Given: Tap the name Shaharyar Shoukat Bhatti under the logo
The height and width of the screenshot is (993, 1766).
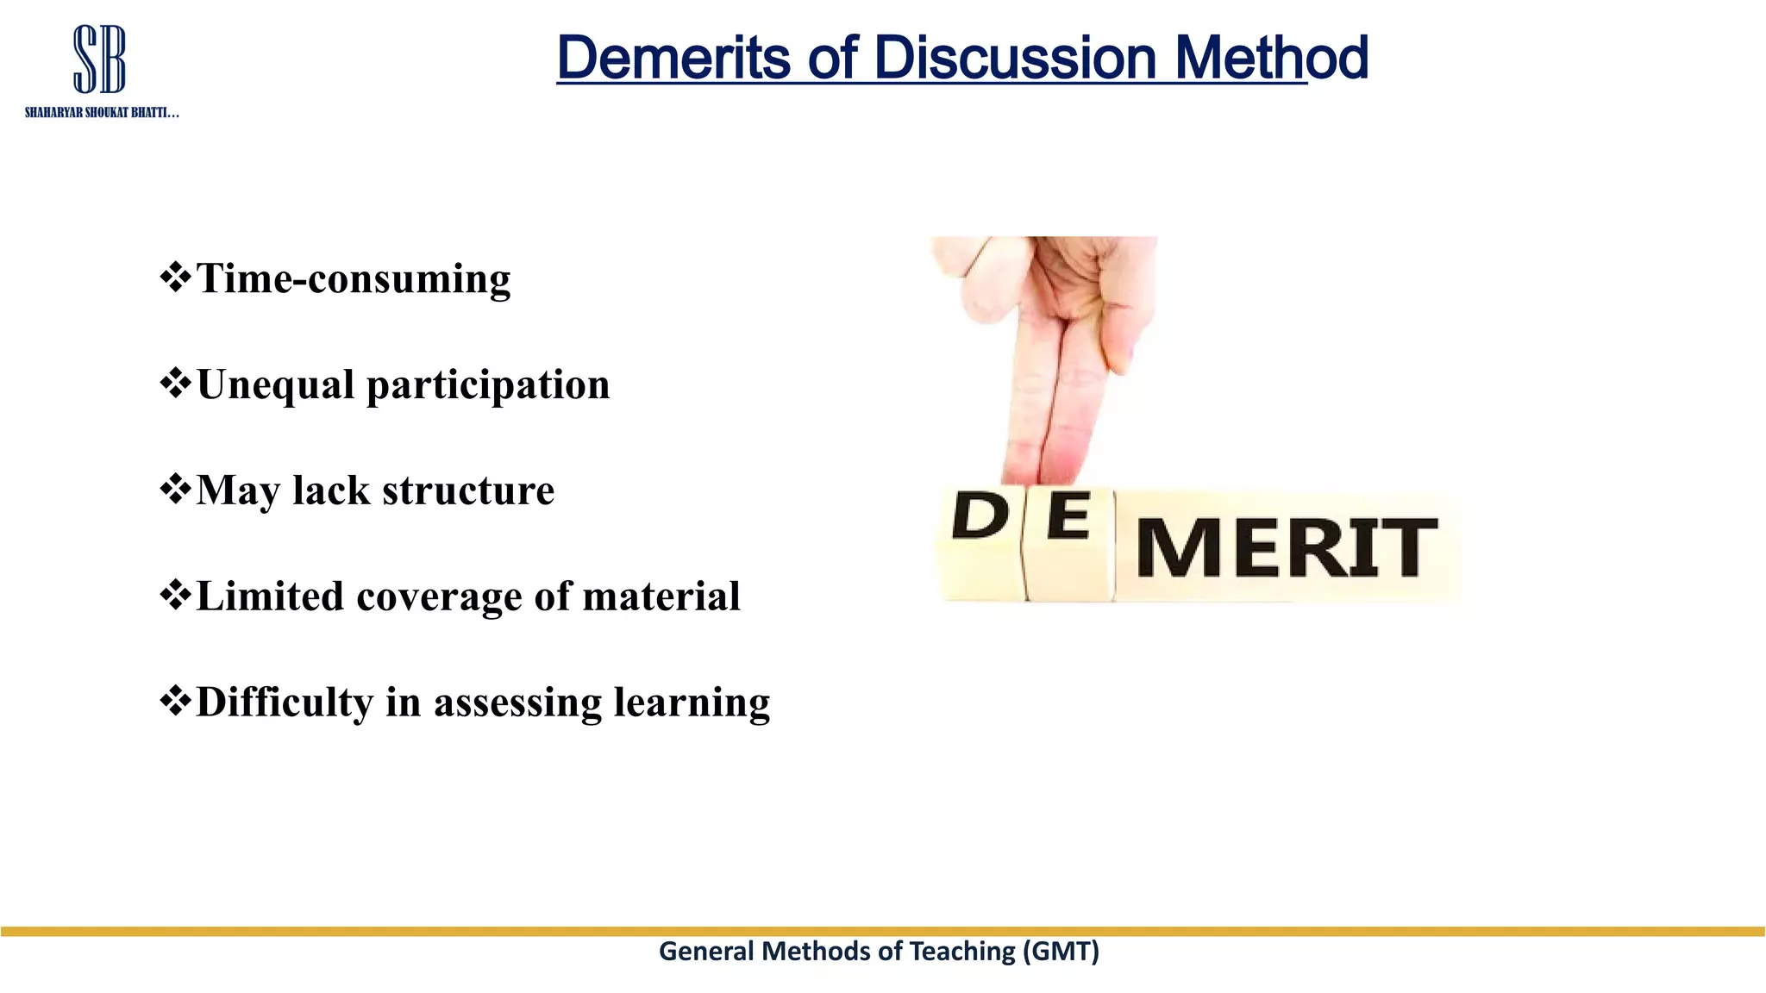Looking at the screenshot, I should coord(102,113).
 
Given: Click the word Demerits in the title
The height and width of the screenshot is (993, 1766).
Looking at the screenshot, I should coord(673,59).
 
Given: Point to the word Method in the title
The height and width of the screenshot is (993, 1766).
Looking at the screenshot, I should coord(1271,59).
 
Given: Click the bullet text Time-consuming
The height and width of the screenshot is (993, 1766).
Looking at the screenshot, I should coord(354,278).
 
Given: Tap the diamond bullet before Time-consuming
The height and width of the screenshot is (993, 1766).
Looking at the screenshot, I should coord(175,278).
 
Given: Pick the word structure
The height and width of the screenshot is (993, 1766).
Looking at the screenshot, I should coord(468,490).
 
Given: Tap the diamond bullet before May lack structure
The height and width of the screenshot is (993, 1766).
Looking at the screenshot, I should coord(175,490).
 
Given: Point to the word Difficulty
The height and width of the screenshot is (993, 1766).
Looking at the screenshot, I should coord(285,703).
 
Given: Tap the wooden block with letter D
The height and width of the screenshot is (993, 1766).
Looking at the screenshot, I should coord(980,543).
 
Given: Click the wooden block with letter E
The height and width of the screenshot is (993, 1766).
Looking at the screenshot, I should coord(1069,543).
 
